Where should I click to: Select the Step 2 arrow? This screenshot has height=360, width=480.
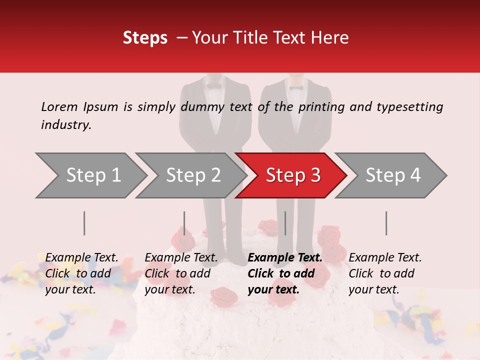point(192,175)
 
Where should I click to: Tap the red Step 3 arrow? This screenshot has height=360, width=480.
point(292,175)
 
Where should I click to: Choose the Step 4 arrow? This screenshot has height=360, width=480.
point(392,175)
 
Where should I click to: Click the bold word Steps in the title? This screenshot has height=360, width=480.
point(145,37)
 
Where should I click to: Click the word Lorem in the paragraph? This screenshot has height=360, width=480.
point(59,106)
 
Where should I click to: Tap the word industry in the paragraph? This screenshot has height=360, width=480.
point(66,125)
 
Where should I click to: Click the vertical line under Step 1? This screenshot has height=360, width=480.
point(84,223)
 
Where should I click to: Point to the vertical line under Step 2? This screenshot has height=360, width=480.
point(184,223)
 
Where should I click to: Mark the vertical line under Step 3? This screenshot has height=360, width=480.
point(285,223)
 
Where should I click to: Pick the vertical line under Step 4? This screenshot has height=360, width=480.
point(386,223)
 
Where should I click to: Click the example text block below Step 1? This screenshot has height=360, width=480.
point(81,273)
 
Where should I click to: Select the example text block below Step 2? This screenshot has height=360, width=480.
point(181,273)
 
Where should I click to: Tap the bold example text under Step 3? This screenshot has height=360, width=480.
point(285,273)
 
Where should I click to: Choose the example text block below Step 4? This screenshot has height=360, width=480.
point(385,273)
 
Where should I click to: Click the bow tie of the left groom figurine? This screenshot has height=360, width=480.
point(214,85)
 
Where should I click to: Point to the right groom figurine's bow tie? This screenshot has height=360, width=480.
point(296,87)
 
